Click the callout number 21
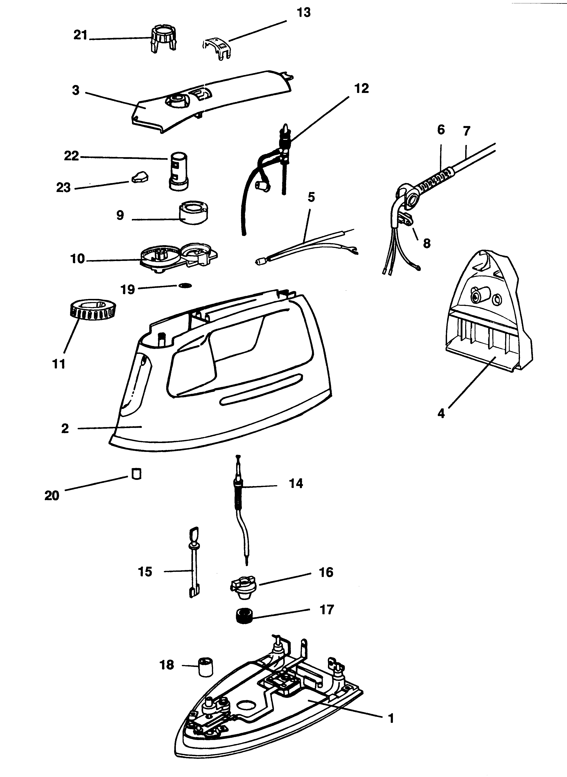click(x=81, y=35)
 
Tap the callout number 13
click(x=303, y=12)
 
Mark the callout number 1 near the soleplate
click(x=391, y=718)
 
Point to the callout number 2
click(x=65, y=428)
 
